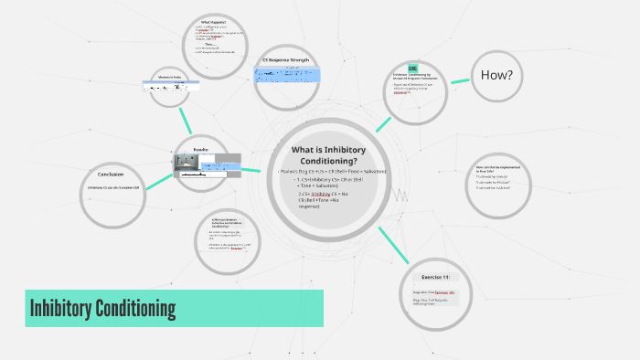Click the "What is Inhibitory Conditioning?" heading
click(x=329, y=155)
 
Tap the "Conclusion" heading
click(x=110, y=174)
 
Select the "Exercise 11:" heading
click(x=435, y=276)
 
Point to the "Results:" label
click(x=201, y=148)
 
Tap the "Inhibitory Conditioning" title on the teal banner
click(x=102, y=309)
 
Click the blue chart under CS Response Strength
click(x=285, y=74)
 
